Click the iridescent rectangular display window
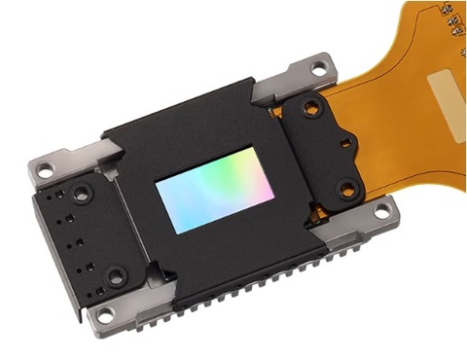(214, 191)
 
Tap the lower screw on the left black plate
(116, 277)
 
